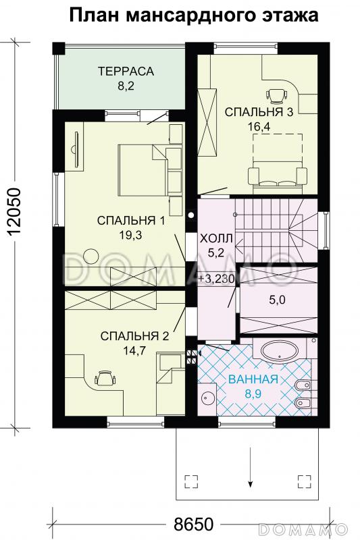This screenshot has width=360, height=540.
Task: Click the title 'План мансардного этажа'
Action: coord(193,16)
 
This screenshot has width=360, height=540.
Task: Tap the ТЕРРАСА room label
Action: coord(126,71)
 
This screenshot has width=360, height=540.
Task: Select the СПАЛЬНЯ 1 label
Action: coord(131,220)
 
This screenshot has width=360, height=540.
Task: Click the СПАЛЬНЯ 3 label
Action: coord(259,112)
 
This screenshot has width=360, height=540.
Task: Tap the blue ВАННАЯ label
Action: coord(253,378)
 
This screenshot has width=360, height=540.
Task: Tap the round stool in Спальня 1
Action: coord(91,255)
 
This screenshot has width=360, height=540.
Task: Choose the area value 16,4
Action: coord(259,125)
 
